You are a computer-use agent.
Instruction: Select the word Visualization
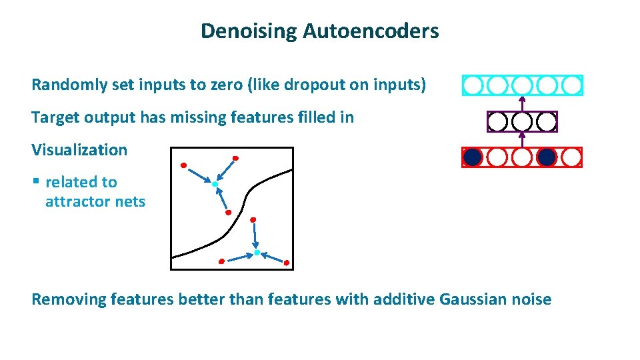coord(79,150)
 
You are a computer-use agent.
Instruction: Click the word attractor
coord(75,201)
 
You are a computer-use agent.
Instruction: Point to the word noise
coord(531,300)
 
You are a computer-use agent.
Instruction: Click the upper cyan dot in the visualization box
coord(215,183)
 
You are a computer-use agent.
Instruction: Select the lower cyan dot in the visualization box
coord(257,253)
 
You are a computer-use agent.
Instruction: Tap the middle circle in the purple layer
coord(522,121)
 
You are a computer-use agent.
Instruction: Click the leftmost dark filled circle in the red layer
coord(472,157)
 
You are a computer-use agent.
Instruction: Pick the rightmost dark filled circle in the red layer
coord(547,157)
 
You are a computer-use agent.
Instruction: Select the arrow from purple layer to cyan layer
coord(522,103)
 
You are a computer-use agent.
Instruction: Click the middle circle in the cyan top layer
coord(522,85)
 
